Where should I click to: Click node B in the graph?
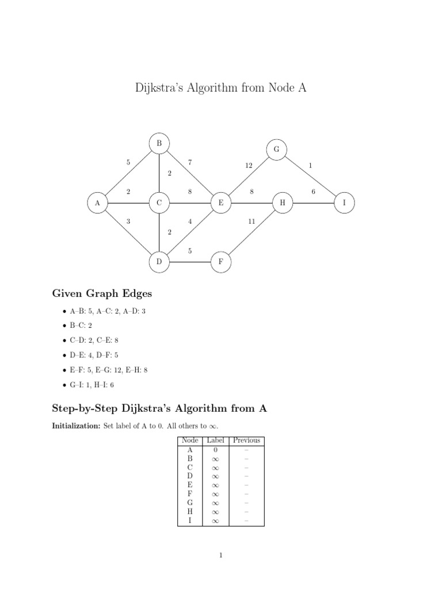(x=159, y=143)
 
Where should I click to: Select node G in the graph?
(x=276, y=149)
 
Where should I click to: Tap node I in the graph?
(x=344, y=202)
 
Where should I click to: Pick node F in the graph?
(x=220, y=262)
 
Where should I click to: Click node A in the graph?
(x=97, y=202)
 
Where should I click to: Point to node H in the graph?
(x=282, y=202)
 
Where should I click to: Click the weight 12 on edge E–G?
(x=249, y=166)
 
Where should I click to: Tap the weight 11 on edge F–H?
(x=252, y=221)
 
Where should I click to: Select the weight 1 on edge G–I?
(x=310, y=166)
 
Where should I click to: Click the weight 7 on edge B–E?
(x=189, y=162)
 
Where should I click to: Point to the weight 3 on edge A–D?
(x=128, y=221)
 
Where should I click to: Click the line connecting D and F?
(x=189, y=262)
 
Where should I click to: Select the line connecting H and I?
(x=313, y=202)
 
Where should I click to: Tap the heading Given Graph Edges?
(x=102, y=293)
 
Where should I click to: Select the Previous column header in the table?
(x=246, y=441)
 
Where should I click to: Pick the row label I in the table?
(x=189, y=521)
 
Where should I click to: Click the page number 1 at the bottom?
(x=221, y=556)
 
